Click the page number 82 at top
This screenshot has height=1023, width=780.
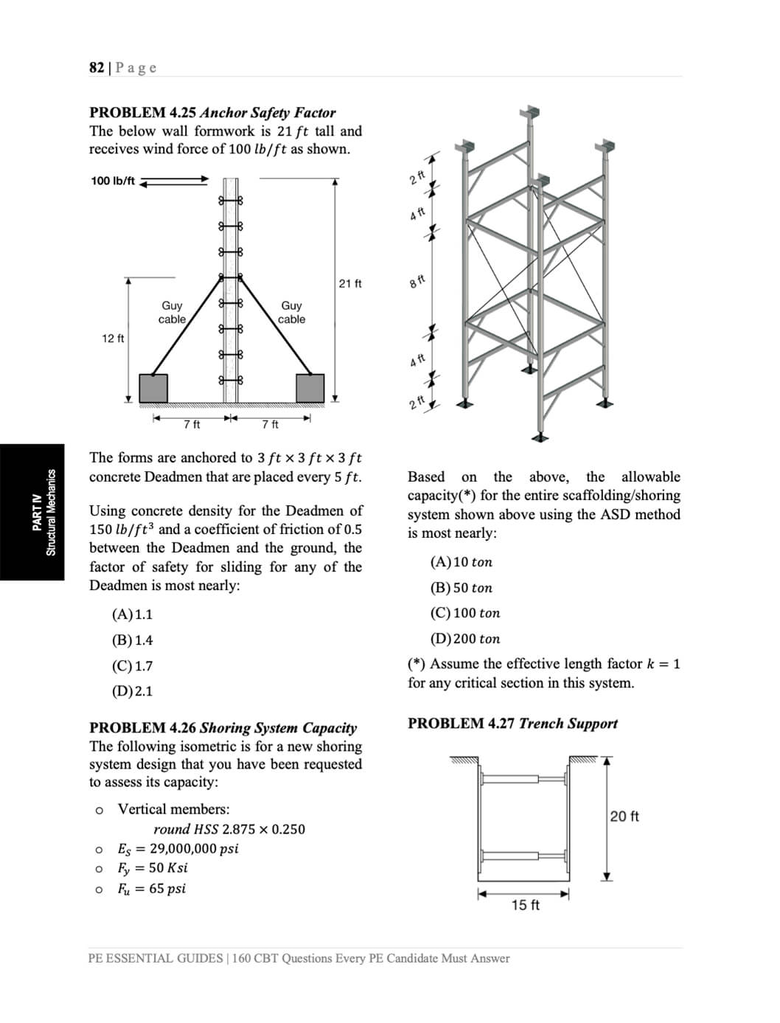[97, 68]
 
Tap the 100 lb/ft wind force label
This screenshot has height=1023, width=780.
[113, 181]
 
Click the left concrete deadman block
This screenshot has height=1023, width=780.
[153, 388]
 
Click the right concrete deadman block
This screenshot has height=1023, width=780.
[310, 388]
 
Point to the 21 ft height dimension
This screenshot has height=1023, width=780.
[350, 283]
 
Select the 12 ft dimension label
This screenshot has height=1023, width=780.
[113, 339]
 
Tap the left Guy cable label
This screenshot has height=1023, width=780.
[172, 312]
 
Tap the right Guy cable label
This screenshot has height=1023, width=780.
[291, 312]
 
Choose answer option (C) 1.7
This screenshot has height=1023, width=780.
[133, 666]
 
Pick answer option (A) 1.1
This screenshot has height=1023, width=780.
[133, 614]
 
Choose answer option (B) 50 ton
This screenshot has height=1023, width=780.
[461, 588]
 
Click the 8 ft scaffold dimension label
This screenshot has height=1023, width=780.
[417, 282]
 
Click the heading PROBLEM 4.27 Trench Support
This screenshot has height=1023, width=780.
[512, 724]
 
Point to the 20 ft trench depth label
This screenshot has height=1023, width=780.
[624, 816]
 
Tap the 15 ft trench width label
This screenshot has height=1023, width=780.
[525, 905]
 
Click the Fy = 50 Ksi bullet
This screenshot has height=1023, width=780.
[153, 868]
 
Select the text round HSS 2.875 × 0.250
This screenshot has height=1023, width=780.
[229, 829]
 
